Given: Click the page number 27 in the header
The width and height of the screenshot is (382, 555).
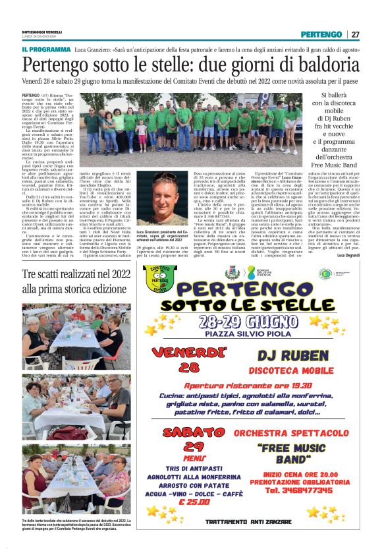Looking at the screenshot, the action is (x=355, y=34).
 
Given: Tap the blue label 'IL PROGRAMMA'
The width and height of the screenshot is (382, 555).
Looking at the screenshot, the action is (x=45, y=49).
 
